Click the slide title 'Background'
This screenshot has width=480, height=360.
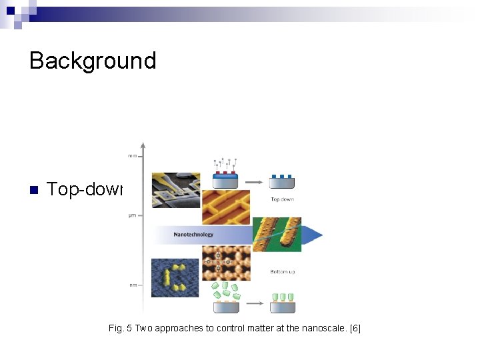(93, 61)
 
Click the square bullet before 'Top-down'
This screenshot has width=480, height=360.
(33, 190)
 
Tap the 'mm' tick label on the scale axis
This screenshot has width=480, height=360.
(133, 157)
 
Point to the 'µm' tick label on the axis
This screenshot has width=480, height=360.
(133, 215)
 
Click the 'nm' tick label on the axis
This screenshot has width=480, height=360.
(133, 285)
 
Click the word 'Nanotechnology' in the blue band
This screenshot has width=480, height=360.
(193, 235)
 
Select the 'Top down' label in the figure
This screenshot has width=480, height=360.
(282, 199)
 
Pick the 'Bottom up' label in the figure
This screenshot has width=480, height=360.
(283, 272)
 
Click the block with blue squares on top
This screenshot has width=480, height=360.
(281, 181)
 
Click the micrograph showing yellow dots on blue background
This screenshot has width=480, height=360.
(175, 277)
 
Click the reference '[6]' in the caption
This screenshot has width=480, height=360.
(354, 329)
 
